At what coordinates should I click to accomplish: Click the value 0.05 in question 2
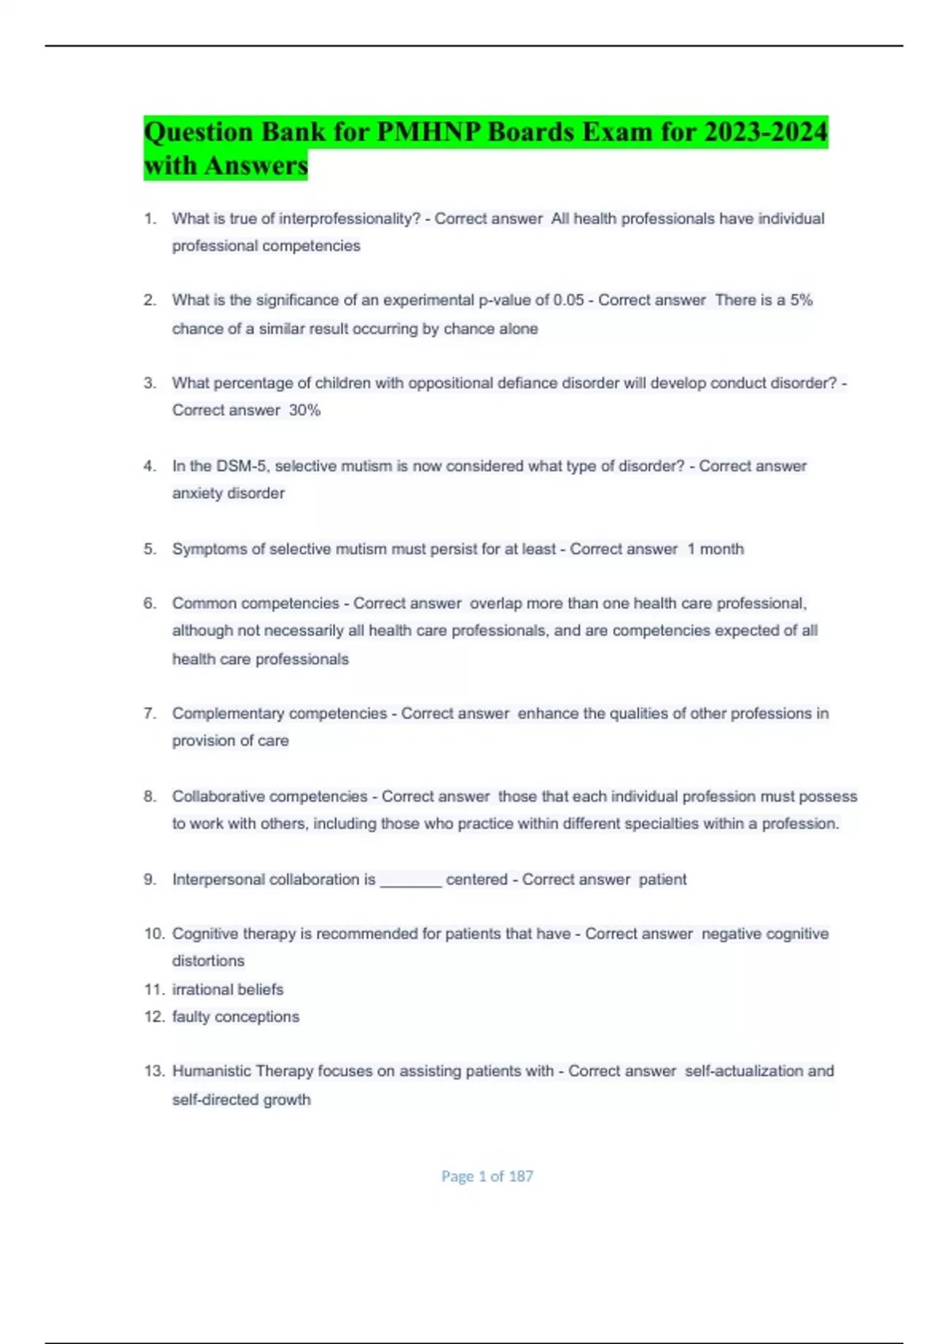[x=569, y=300]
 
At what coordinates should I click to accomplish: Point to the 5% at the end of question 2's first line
[x=801, y=300]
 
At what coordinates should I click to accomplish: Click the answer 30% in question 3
[x=304, y=410]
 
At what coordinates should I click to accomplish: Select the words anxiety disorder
[x=229, y=493]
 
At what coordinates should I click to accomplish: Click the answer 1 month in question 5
[x=715, y=549]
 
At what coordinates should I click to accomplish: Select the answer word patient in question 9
[x=663, y=879]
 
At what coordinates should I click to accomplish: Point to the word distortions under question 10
[x=208, y=961]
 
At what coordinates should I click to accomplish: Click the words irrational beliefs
[x=228, y=989]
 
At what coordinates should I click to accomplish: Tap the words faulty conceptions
[x=236, y=1017]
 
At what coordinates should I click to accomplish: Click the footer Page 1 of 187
[x=487, y=1176]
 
